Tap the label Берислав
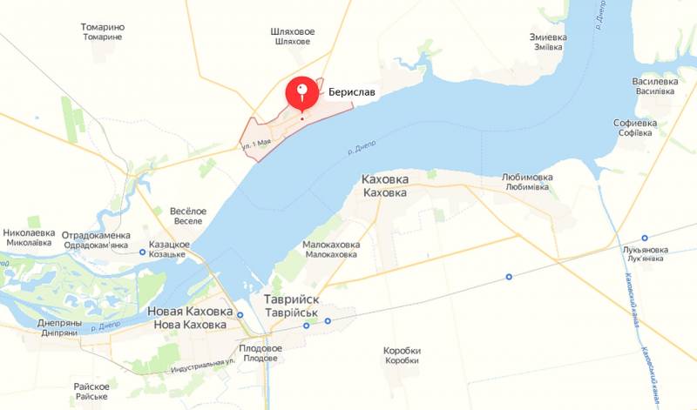coord(354,90)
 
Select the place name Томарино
coord(103,27)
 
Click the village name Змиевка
coord(548,37)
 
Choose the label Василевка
coord(654,82)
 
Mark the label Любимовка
coord(528,177)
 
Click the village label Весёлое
coord(187,211)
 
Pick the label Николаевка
coord(30,233)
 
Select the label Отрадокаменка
coord(96,235)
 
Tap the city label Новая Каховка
coord(190,312)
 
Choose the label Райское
coord(91,386)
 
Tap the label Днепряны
coord(59,323)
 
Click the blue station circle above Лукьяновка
coord(645,238)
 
